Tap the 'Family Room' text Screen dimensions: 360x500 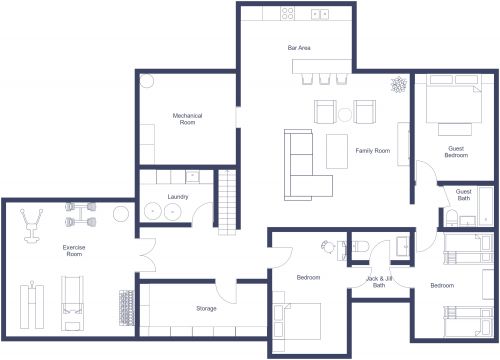coord(372,151)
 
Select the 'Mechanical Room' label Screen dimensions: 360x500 coord(187,119)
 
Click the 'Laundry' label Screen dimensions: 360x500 coord(179,197)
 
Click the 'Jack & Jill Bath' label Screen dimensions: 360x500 coord(379,282)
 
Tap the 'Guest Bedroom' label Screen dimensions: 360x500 coord(456,152)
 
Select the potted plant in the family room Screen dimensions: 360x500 coord(398,85)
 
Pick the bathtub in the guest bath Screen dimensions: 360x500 coord(487,206)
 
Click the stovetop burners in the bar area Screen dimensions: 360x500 coord(288,14)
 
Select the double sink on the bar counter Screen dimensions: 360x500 coord(321,14)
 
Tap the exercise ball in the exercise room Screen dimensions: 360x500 coord(121,213)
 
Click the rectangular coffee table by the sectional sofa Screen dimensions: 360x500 coord(338,151)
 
